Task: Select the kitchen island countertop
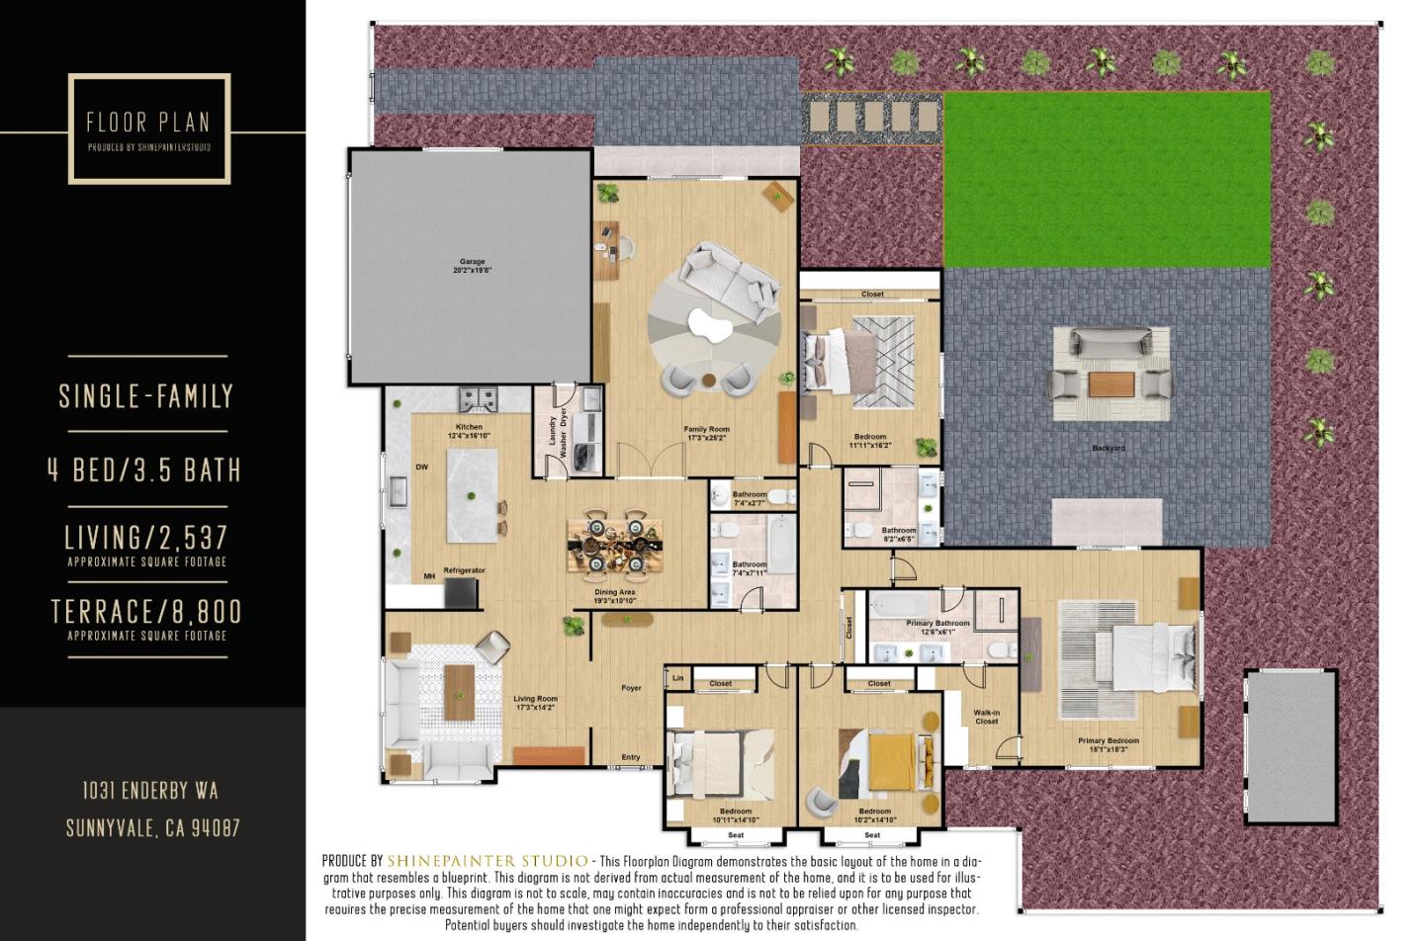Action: pos(472,495)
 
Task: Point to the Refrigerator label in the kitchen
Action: pos(464,570)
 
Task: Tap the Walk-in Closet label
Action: pos(986,717)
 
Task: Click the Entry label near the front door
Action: pos(630,757)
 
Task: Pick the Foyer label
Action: pos(630,688)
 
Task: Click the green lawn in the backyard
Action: pos(1106,178)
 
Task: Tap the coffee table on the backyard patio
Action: pos(1110,383)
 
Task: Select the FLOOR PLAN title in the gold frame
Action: pos(148,123)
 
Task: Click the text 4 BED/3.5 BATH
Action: pos(145,470)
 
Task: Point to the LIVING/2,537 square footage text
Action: pos(146,538)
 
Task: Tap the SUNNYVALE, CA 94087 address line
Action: pos(152,827)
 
